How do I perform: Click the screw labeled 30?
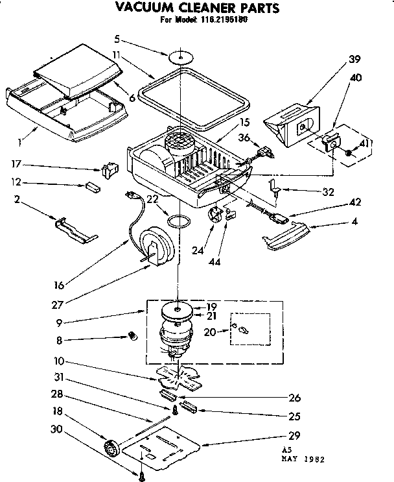click(141, 476)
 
